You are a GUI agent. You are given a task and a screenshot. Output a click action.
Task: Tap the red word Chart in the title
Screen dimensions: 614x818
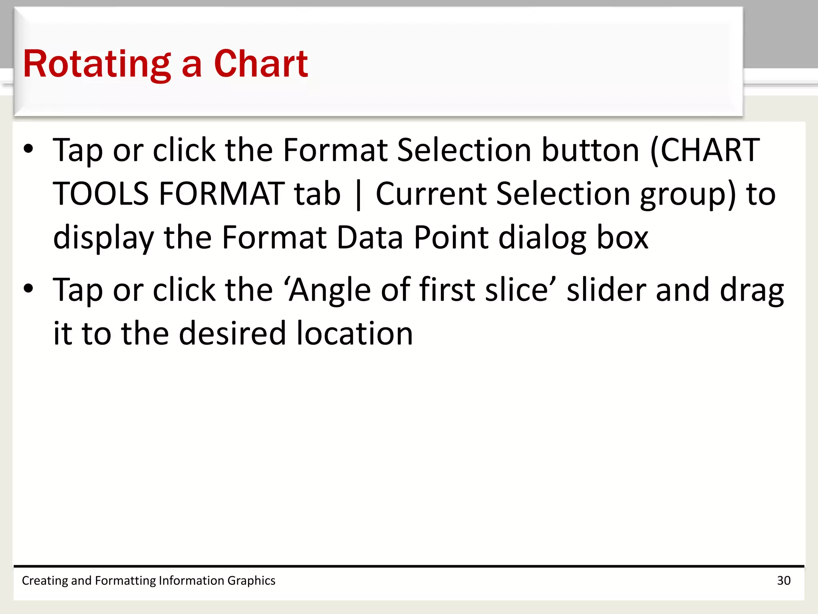tap(261, 64)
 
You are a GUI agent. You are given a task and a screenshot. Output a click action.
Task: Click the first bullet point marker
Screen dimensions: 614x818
tap(28, 149)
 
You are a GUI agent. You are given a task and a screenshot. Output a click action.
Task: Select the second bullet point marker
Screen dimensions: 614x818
tap(28, 288)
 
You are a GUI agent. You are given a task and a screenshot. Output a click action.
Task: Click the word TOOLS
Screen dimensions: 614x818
tap(101, 194)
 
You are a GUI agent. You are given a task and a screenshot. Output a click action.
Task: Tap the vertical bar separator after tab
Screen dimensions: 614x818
tap(358, 195)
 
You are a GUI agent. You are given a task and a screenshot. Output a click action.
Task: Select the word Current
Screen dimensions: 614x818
tap(431, 194)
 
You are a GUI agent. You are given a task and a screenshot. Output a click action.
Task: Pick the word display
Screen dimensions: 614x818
tap(103, 238)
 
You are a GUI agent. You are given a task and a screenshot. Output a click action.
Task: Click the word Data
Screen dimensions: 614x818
tap(370, 238)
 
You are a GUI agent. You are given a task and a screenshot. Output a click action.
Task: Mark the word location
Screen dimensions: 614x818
tap(355, 333)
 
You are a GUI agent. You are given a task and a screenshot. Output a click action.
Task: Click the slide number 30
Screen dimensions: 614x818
tap(784, 580)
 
